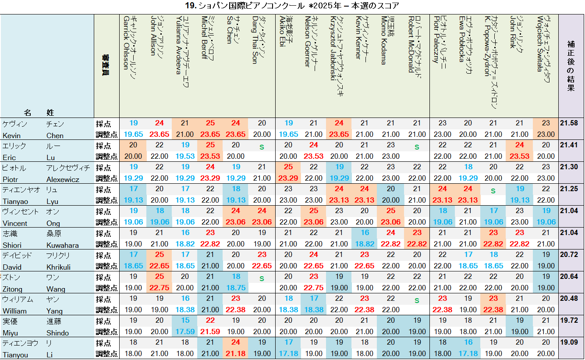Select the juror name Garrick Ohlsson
[x=127, y=43]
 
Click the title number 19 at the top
[x=190, y=6]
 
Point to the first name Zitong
[x=14, y=289]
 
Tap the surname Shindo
[x=58, y=333]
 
